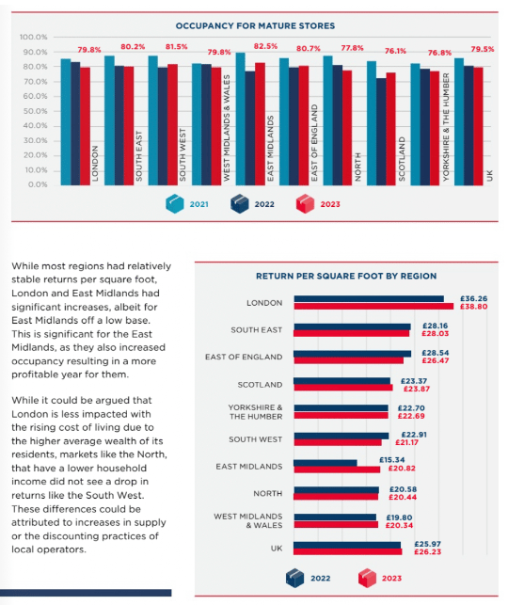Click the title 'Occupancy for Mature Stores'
tap(255, 25)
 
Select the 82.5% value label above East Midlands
tap(265, 46)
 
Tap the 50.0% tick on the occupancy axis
tap(35, 111)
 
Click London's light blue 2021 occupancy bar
tap(66, 122)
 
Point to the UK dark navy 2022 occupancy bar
tap(468, 125)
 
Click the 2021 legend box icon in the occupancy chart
tap(175, 204)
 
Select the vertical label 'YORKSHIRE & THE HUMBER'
tap(446, 127)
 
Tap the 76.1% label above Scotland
tap(395, 51)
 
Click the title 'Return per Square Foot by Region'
tap(346, 276)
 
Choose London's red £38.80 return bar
tap(373, 307)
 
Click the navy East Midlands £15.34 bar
tap(325, 463)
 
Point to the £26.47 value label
tap(436, 360)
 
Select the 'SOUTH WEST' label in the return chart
tap(255, 439)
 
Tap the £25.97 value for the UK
tap(427, 544)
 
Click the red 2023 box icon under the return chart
tap(367, 578)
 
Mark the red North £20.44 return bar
tap(336, 497)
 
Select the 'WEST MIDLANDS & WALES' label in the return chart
tap(248, 520)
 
